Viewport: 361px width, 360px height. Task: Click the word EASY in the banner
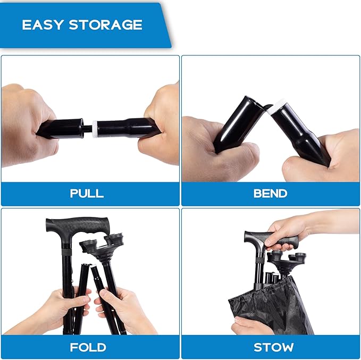coord(43,24)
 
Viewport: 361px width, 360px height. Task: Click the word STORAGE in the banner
coord(105,24)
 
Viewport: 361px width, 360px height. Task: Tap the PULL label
coord(87,193)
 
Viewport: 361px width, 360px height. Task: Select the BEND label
coord(270,193)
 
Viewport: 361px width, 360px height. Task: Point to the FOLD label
coord(88,347)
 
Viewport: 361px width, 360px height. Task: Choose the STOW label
coord(273,347)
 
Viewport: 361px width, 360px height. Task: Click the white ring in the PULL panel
coord(95,129)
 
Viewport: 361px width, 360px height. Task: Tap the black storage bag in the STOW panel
coord(272,306)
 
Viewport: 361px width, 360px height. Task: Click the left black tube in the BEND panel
coord(239,123)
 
